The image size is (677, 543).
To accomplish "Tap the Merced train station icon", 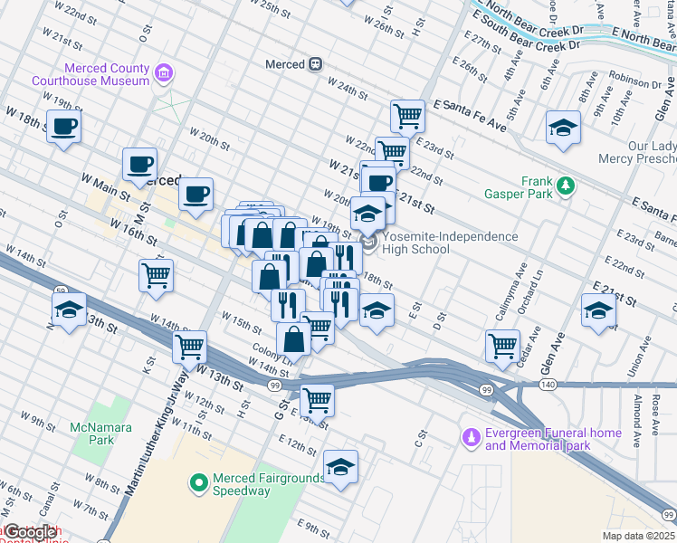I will point(316,64).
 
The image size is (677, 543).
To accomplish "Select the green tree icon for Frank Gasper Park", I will point(566,186).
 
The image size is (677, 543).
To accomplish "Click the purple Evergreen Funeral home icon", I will point(469,439).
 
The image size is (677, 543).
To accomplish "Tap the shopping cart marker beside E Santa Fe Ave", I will point(408,115).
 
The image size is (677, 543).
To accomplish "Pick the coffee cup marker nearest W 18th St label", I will point(63,127).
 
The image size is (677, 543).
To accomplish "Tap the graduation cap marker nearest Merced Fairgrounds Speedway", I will point(340,467).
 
